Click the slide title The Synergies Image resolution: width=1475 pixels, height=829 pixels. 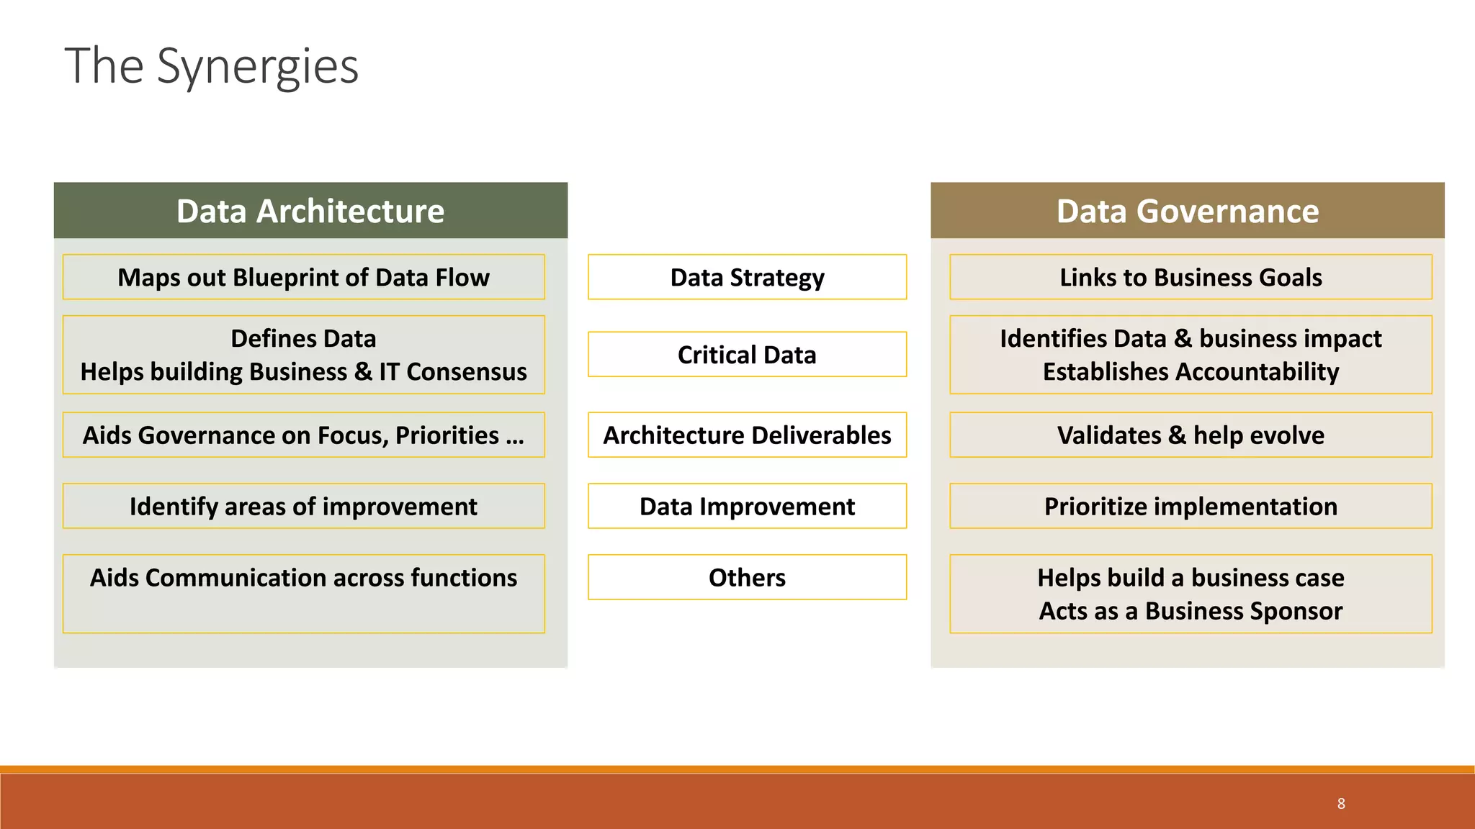coord(211,66)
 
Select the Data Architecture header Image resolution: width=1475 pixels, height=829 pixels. coord(310,211)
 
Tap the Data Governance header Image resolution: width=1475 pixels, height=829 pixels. coord(1187,211)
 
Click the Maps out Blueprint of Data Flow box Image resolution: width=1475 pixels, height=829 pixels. coord(303,277)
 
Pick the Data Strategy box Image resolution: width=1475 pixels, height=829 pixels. coord(747,277)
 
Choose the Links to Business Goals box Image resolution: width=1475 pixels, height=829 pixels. coord(1191,277)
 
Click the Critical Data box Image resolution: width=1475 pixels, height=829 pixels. coord(747,355)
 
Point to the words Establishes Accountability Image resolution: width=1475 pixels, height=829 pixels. coord(1191,372)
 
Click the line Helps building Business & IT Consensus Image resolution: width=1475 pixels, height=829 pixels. coord(303,372)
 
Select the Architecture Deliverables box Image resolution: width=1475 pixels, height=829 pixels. coord(747,435)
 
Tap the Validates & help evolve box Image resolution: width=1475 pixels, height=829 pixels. coord(1191,435)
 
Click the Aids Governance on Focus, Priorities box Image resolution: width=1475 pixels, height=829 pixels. coord(303,435)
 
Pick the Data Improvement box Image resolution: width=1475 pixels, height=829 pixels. coord(747,507)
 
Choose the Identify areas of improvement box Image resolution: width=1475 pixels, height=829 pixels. coord(303,507)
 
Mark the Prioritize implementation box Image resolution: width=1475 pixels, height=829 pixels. coord(1191,507)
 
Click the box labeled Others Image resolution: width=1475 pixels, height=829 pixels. coord(747,578)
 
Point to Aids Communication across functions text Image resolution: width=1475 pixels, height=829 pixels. coord(303,578)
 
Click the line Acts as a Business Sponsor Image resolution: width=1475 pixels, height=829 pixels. coord(1191,611)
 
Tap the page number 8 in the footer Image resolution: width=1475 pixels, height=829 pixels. coord(1341,804)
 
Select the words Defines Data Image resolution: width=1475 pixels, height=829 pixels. coord(303,338)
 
